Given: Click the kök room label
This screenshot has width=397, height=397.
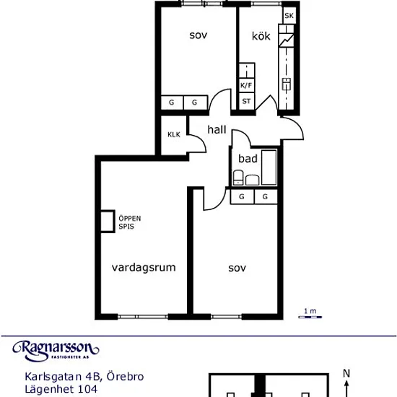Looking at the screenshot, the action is click(261, 36).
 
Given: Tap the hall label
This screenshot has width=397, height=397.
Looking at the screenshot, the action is click(217, 129).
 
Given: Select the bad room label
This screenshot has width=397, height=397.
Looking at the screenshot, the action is click(248, 159).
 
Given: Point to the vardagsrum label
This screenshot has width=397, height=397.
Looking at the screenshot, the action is click(144, 267).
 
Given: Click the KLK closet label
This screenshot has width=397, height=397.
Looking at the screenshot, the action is click(174, 134).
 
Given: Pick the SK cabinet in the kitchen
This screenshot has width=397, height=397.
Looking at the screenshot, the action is click(289, 15).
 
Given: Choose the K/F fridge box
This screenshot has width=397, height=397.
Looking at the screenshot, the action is click(247, 86).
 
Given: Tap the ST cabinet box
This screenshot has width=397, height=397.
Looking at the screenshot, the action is click(247, 101).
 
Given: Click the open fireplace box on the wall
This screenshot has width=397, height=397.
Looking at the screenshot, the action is click(108, 221).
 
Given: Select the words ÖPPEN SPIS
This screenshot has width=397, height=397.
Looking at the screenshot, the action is click(130, 222).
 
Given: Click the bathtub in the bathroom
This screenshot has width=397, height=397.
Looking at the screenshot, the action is click(269, 167).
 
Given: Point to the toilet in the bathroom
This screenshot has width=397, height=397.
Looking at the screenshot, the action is click(238, 178).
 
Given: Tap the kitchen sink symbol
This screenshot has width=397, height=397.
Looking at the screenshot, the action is click(287, 84).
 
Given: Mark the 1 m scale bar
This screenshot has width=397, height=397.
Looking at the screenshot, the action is click(310, 317).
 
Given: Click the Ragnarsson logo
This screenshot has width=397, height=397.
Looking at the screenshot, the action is click(56, 350).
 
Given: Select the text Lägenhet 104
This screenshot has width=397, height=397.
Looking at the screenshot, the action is click(61, 389).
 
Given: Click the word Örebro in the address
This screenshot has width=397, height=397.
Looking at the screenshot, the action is click(125, 376).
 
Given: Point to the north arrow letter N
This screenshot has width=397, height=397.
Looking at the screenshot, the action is click(346, 373).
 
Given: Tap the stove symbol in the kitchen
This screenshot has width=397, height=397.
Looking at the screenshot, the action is click(287, 40).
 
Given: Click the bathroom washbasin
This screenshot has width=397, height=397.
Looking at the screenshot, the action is click(252, 180).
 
